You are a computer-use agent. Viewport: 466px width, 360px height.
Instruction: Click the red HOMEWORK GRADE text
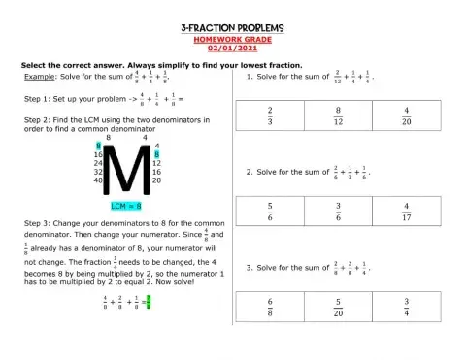pyautogui.click(x=234, y=41)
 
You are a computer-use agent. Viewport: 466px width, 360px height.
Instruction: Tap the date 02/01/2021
pyautogui.click(x=234, y=50)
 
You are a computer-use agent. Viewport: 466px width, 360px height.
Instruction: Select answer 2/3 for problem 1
pyautogui.click(x=270, y=116)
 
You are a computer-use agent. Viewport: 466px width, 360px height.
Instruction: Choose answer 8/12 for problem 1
pyautogui.click(x=340, y=116)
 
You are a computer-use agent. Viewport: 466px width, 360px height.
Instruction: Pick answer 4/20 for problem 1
pyautogui.click(x=408, y=116)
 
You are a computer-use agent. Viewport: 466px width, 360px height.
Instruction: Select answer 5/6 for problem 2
pyautogui.click(x=270, y=212)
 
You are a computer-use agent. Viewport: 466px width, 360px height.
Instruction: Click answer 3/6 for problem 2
pyautogui.click(x=340, y=212)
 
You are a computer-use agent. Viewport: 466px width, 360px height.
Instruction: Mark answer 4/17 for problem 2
pyautogui.click(x=408, y=212)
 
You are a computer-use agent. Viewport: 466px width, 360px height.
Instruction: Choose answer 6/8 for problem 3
pyautogui.click(x=270, y=307)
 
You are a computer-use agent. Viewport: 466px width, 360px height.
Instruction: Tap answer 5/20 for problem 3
pyautogui.click(x=340, y=307)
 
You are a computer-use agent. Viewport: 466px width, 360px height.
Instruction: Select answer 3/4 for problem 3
pyautogui.click(x=408, y=307)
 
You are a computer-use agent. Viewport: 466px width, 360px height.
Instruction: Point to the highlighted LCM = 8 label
pyautogui.click(x=125, y=206)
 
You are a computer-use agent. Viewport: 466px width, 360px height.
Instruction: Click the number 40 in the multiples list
pyautogui.click(x=98, y=180)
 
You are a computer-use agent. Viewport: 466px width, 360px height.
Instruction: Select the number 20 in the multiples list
pyautogui.click(x=157, y=180)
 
